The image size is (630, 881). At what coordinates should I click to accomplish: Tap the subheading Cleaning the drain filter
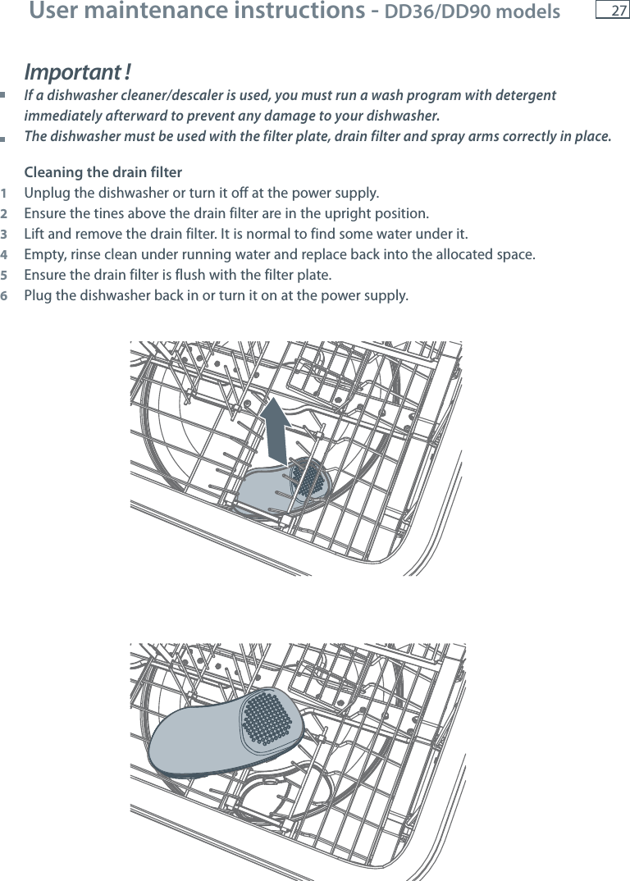[103, 172]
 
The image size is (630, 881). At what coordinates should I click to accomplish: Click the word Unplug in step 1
[47, 194]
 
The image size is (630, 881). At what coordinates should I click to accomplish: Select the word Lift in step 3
[36, 235]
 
